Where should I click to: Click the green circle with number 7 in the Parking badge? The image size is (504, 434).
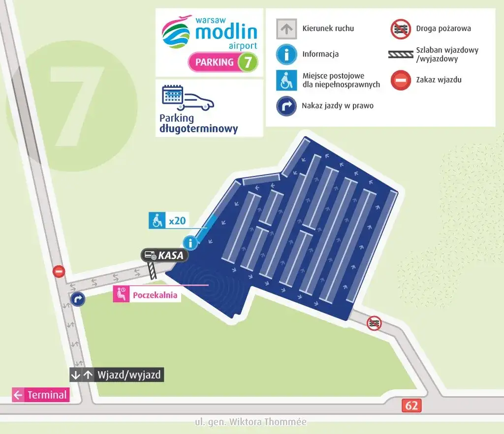(248, 62)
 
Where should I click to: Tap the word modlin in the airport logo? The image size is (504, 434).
(226, 32)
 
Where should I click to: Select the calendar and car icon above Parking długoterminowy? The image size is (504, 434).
(188, 98)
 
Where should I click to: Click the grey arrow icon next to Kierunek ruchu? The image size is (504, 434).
(286, 29)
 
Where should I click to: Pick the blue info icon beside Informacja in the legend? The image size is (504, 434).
(286, 54)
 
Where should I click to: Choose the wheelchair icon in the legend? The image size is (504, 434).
(286, 80)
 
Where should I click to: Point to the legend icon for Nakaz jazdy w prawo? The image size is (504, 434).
(286, 106)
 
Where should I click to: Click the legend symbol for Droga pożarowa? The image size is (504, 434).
(401, 29)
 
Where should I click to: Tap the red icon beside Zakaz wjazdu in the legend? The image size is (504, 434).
(401, 80)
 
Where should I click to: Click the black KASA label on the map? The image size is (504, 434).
(164, 256)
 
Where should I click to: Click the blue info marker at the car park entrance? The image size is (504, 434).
(190, 242)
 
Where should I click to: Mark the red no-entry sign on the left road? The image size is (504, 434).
(59, 271)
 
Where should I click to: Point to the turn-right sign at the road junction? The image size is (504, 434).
(77, 299)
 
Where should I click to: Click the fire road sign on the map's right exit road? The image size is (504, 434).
(375, 323)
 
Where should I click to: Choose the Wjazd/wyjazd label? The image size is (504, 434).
(116, 375)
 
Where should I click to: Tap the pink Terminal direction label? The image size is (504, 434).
(41, 395)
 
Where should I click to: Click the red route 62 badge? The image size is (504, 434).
(411, 405)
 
